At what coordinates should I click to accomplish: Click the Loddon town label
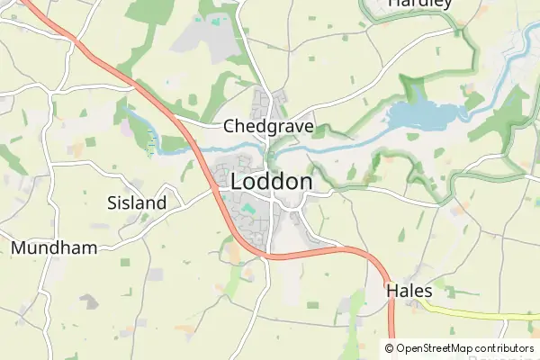pyautogui.click(x=272, y=181)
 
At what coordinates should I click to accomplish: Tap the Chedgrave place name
pyautogui.click(x=268, y=126)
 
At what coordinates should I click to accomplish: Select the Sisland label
pyautogui.click(x=137, y=202)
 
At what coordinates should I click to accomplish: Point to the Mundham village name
pyautogui.click(x=54, y=247)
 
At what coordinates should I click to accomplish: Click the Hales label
pyautogui.click(x=409, y=291)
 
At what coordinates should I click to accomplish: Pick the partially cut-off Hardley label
pyautogui.click(x=419, y=4)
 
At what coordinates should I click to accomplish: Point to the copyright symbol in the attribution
pyautogui.click(x=389, y=348)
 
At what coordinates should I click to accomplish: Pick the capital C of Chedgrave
pyautogui.click(x=229, y=126)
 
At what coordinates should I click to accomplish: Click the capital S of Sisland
pyautogui.click(x=112, y=202)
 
